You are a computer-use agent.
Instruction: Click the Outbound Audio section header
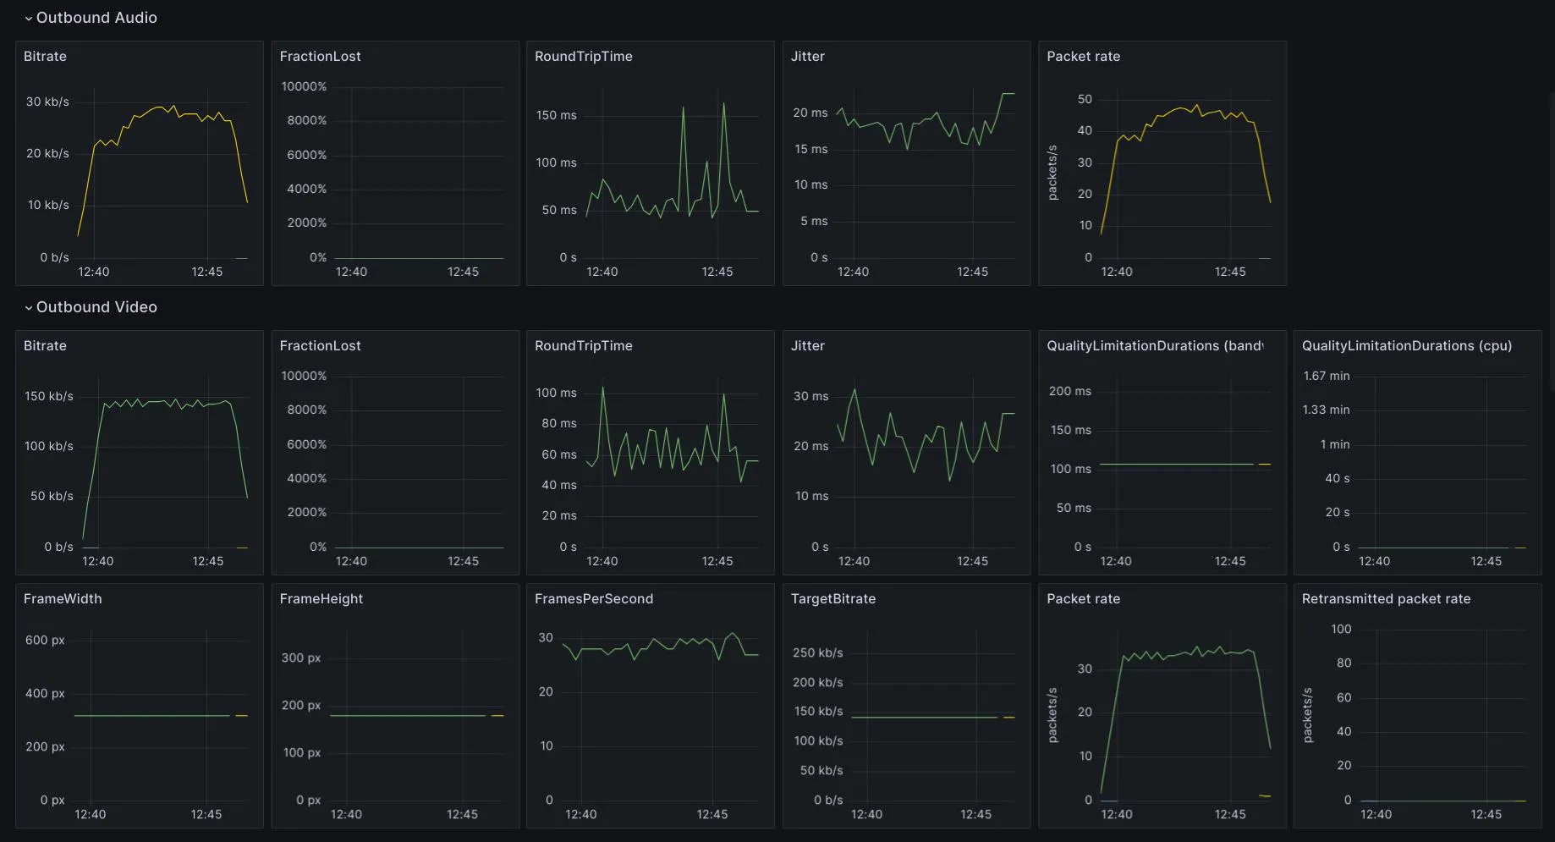pos(96,18)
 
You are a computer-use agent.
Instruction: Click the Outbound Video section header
pos(96,307)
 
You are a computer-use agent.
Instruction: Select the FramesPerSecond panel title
pos(593,599)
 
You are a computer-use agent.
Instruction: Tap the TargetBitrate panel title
pos(832,599)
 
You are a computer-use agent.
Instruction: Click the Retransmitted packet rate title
pos(1386,599)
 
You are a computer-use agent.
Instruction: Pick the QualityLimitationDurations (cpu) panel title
pos(1406,346)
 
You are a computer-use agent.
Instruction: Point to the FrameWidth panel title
pos(63,599)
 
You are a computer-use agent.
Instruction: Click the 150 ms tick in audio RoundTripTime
pos(556,115)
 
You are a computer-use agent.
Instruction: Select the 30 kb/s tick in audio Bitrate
pos(47,102)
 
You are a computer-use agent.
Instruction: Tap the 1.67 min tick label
pos(1326,376)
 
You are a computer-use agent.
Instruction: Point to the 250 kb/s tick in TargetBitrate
pos(817,652)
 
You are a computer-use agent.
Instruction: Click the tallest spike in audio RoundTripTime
pos(723,104)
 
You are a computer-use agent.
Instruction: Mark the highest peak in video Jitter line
pos(855,390)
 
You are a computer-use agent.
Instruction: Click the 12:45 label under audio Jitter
pos(972,272)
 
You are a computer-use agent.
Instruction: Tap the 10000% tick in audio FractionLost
pos(304,86)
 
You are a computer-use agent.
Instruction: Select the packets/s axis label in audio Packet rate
pos(1052,173)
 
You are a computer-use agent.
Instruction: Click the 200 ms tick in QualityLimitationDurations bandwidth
pos(1069,391)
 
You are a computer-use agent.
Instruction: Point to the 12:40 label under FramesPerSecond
pos(580,814)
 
